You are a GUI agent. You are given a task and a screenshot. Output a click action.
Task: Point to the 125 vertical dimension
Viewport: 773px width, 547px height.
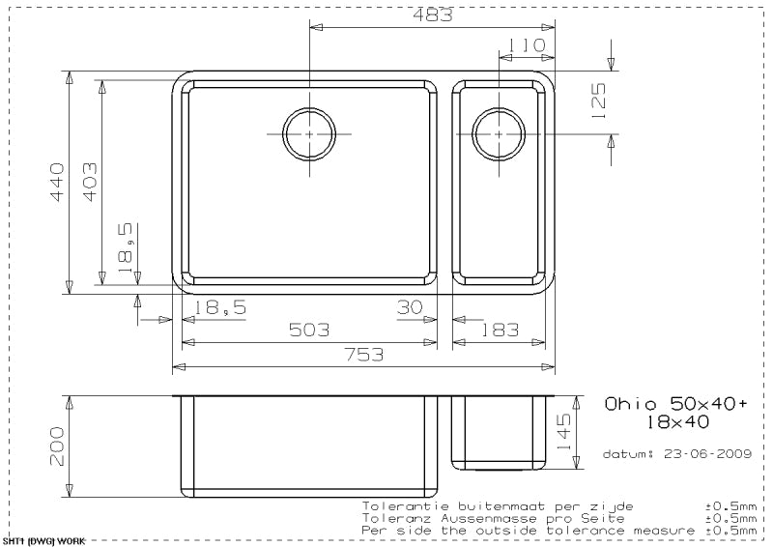(598, 101)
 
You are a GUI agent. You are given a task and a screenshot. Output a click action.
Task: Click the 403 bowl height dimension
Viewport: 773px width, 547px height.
(89, 181)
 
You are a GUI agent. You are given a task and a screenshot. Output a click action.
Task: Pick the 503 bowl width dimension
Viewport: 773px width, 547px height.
(309, 331)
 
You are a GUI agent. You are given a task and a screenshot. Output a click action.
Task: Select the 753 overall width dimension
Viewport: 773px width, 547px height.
(363, 354)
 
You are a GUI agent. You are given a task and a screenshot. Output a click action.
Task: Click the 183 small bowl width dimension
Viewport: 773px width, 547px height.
(500, 331)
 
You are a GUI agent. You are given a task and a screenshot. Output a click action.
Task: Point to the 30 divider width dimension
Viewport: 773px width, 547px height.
(410, 307)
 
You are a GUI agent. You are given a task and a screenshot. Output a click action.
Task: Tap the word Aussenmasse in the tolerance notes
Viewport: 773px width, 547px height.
(479, 518)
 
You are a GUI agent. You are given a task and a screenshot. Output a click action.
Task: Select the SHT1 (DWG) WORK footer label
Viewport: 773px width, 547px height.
(38, 541)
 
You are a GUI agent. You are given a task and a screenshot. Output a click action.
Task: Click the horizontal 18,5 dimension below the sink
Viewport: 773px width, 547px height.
(221, 307)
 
